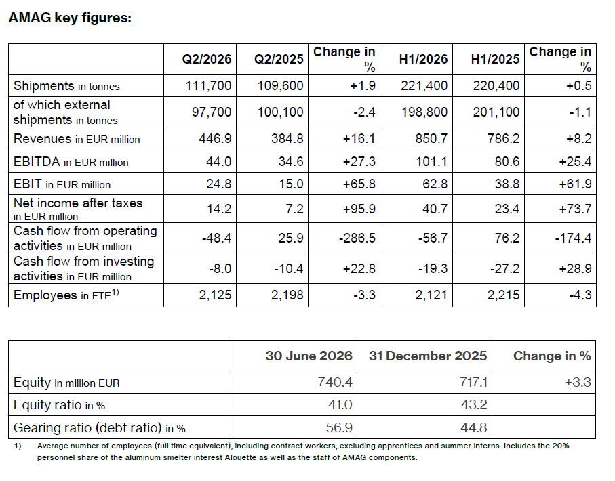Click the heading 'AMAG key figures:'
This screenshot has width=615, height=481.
pyautogui.click(x=70, y=18)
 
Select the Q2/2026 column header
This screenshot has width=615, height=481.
pyautogui.click(x=207, y=59)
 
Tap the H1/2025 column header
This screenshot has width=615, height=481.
pyautogui.click(x=495, y=59)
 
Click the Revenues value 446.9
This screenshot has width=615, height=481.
pyautogui.click(x=215, y=138)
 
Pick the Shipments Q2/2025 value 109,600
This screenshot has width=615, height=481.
pyautogui.click(x=280, y=85)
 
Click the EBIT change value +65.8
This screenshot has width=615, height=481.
pyautogui.click(x=359, y=184)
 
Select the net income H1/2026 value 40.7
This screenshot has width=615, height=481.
pyautogui.click(x=435, y=209)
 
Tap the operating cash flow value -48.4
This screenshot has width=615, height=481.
pyautogui.click(x=216, y=238)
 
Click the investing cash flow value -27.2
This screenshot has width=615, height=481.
pyautogui.click(x=504, y=268)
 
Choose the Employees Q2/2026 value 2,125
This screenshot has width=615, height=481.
pyautogui.click(x=215, y=295)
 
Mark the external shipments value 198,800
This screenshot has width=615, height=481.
pyautogui.click(x=424, y=112)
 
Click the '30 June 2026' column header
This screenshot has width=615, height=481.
pyautogui.click(x=309, y=356)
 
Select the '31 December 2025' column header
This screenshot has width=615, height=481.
pyautogui.click(x=428, y=356)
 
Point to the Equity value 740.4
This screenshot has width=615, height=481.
pyautogui.click(x=335, y=382)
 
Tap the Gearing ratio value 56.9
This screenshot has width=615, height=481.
pyautogui.click(x=339, y=427)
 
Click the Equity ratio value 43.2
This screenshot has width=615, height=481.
pyautogui.click(x=474, y=404)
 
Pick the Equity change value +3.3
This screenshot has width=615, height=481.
pyautogui.click(x=578, y=382)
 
